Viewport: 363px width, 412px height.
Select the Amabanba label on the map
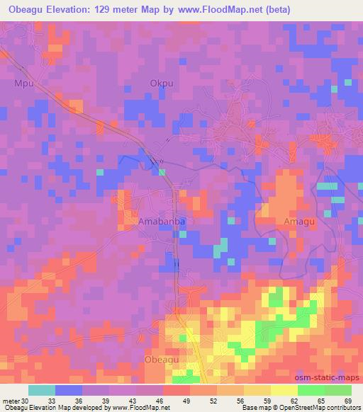click(162, 221)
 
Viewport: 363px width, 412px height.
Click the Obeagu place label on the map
click(162, 360)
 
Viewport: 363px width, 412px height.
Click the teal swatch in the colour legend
click(41, 391)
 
